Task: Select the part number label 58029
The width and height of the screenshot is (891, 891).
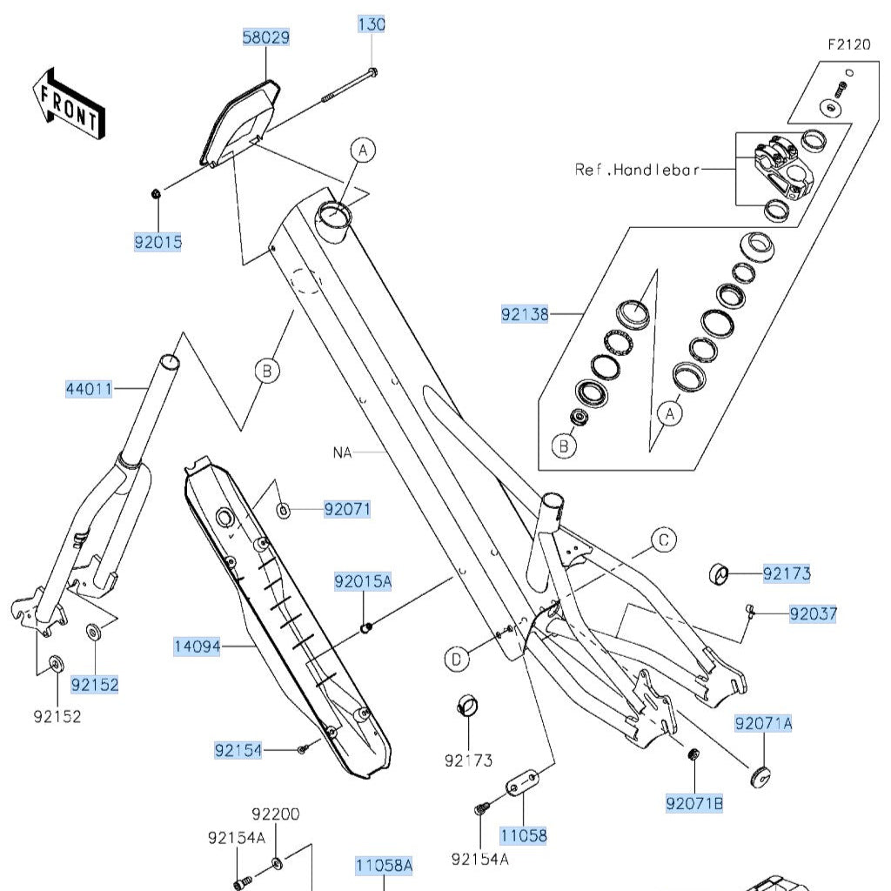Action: click(265, 37)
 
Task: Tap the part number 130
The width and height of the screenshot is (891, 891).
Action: click(372, 24)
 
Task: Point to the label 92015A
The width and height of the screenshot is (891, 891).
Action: click(364, 581)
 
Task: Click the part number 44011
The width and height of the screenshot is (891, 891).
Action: click(90, 389)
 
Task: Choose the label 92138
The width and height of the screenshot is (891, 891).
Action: click(526, 314)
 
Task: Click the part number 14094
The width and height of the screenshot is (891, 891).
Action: click(197, 646)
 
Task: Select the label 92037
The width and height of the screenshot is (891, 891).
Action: click(813, 614)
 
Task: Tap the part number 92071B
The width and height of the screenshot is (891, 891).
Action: click(694, 804)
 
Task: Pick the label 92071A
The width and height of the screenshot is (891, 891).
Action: click(764, 723)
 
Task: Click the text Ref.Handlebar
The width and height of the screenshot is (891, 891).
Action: click(637, 170)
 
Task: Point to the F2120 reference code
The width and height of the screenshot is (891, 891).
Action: click(848, 45)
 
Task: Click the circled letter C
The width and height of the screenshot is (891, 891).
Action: click(664, 540)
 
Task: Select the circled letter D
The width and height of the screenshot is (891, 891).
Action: click(457, 660)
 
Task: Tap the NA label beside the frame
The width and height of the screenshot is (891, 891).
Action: click(341, 452)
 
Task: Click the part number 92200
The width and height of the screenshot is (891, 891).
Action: click(276, 814)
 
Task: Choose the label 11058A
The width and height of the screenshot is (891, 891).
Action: click(384, 865)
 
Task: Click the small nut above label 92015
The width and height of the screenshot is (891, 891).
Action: click(155, 192)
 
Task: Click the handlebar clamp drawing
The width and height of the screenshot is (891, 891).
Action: click(781, 164)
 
